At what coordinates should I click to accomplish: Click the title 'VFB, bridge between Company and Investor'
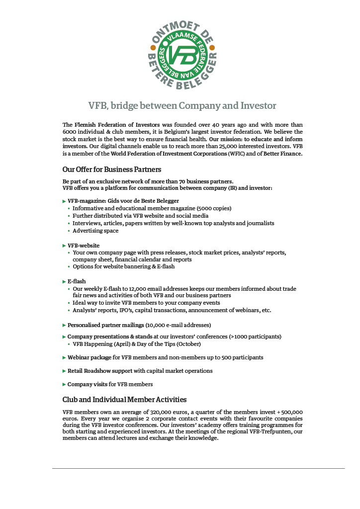pyautogui.click(x=182, y=105)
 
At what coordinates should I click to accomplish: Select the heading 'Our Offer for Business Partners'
pyautogui.click(x=112, y=170)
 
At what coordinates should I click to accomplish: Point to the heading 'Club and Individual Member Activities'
pyautogui.click(x=124, y=399)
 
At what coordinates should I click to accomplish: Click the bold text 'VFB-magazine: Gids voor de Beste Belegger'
pyautogui.click(x=123, y=201)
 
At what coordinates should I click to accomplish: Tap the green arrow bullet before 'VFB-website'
pyautogui.click(x=64, y=246)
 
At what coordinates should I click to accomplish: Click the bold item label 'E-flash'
pyautogui.click(x=77, y=281)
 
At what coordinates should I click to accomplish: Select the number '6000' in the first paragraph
pyautogui.click(x=70, y=132)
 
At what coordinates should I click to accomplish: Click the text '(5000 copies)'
pyautogui.click(x=214, y=208)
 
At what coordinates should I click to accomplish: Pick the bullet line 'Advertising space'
pyautogui.click(x=95, y=231)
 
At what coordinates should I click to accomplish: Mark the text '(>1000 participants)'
pyautogui.click(x=255, y=337)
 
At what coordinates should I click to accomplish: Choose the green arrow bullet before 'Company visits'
pyautogui.click(x=64, y=384)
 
